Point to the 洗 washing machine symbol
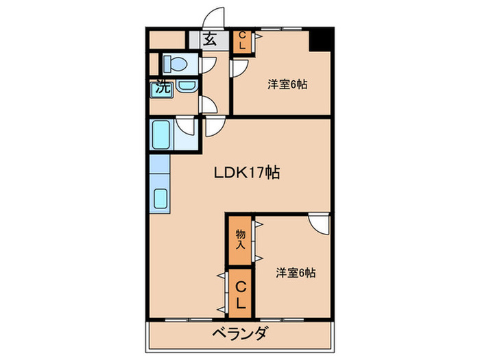pos(162,88)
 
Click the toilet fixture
pos(176,64)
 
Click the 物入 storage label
pos(241,239)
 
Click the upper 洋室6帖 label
pos(287,84)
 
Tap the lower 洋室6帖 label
pos(296,272)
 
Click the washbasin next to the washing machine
pos(185,86)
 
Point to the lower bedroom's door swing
pos(318,224)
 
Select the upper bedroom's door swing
pos(241,69)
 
